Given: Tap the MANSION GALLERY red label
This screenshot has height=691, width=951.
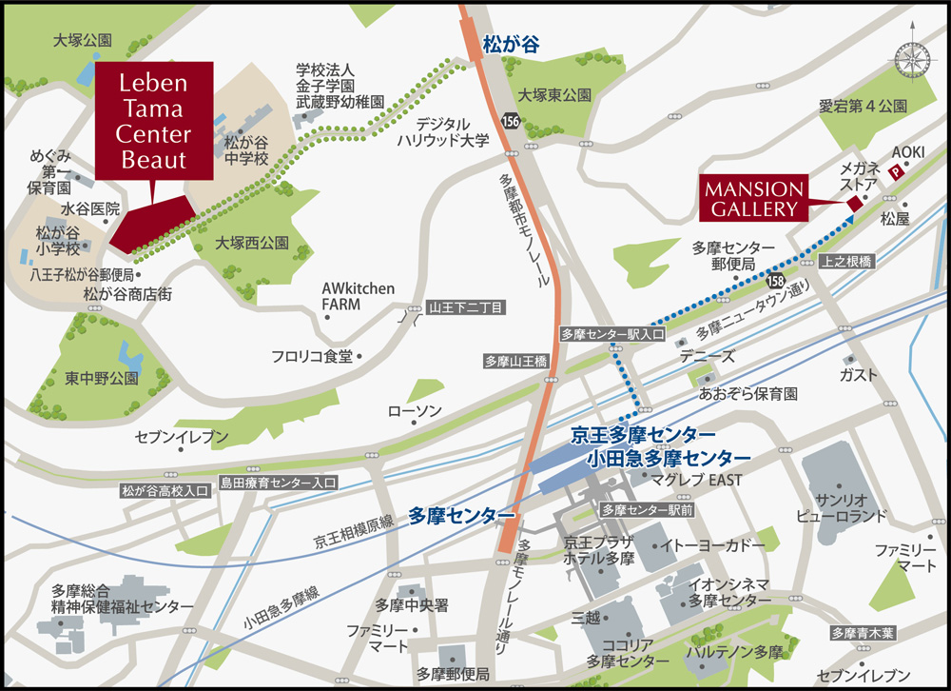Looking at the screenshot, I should click(x=753, y=197).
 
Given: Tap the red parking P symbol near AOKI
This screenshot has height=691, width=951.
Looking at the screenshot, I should click(x=895, y=172).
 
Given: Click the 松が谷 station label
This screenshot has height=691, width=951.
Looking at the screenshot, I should click(x=511, y=44).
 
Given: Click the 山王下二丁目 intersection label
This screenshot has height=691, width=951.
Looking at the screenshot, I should click(x=467, y=306).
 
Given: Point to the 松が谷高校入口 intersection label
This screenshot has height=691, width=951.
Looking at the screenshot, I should click(x=165, y=491).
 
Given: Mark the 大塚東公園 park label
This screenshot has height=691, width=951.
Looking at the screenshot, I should click(x=554, y=95).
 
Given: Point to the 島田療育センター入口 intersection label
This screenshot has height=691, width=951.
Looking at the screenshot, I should click(x=278, y=483).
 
